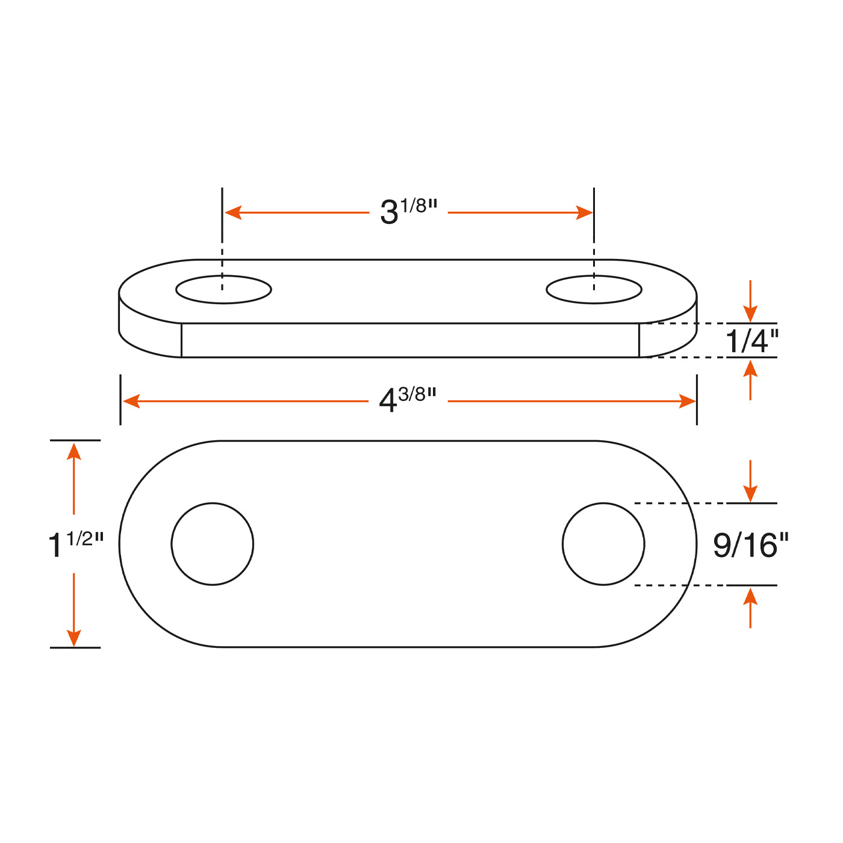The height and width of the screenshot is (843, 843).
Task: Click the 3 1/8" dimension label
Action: click(x=408, y=211)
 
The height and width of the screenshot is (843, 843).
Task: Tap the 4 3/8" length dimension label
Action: click(x=407, y=399)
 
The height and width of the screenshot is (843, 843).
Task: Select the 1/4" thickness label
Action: click(x=752, y=341)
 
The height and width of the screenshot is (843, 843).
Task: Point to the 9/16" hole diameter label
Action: click(x=751, y=545)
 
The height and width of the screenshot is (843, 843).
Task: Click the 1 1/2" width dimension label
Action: click(x=76, y=544)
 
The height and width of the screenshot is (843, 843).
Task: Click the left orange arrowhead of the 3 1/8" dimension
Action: click(x=233, y=213)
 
